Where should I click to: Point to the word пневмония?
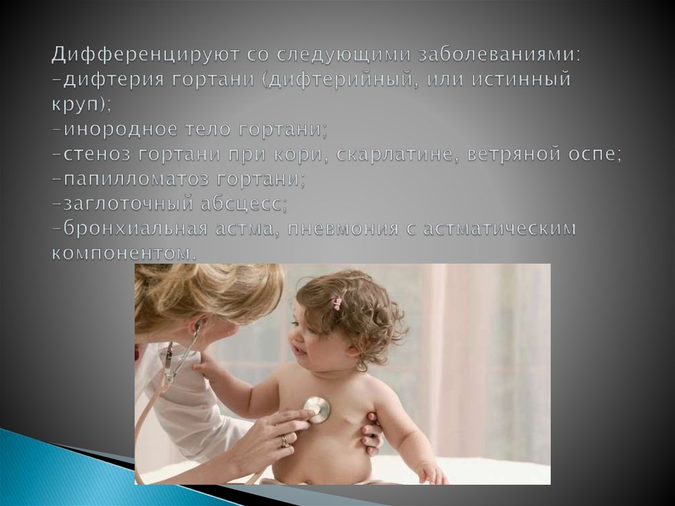pos(334,229)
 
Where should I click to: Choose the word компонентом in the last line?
pos(123,253)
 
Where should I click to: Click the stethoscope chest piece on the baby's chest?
pos(316,409)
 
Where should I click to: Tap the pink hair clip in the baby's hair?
pos(337,303)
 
